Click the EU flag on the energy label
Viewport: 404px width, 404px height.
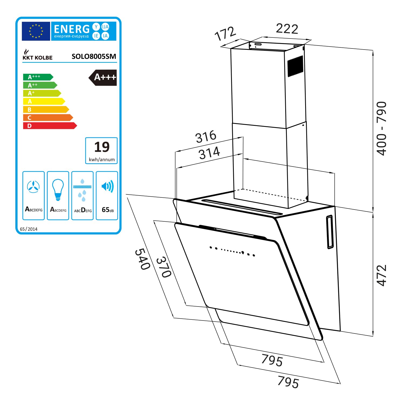pos(36,31)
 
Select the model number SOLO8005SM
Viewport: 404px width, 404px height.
pos(94,56)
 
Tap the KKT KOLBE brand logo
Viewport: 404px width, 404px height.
pos(37,55)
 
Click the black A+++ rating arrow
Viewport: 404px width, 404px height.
pos(103,78)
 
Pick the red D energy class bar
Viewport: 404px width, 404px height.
pos(50,126)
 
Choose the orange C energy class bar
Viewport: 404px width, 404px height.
pos(48,118)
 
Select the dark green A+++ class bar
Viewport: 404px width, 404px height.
pos(38,77)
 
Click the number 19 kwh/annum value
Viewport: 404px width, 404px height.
pos(102,147)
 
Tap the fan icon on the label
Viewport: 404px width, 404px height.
pos(33,187)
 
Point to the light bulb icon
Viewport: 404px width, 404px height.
pos(58,190)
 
